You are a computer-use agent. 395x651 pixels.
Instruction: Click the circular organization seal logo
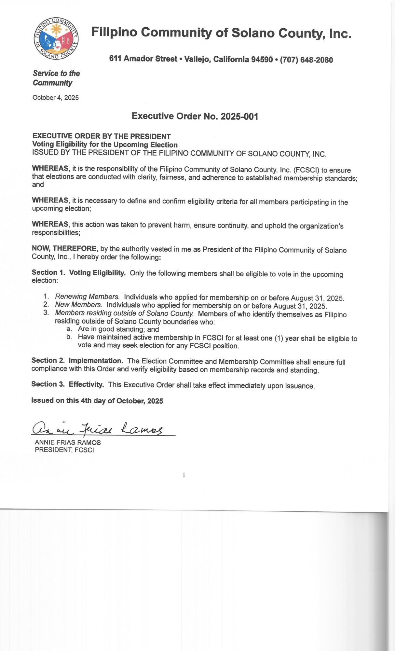tap(56, 39)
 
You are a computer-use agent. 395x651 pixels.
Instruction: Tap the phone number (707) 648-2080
tap(306, 60)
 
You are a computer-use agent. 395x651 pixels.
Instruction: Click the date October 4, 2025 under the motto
tap(56, 98)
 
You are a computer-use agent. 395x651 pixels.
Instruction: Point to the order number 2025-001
tap(239, 117)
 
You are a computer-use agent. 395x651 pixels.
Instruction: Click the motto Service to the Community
tap(56, 78)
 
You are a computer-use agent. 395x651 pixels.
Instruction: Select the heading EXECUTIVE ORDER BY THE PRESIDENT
tap(101, 136)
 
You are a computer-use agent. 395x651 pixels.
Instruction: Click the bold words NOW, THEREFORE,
tap(65, 248)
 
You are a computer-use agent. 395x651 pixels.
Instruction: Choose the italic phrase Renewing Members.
tap(87, 297)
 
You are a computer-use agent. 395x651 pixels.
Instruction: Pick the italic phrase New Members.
tap(78, 305)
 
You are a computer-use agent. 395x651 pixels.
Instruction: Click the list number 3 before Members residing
tap(46, 312)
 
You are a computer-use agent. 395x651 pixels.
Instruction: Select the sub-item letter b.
tap(69, 337)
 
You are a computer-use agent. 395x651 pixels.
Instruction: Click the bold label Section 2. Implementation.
tap(77, 361)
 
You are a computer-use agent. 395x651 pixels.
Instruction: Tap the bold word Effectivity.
tap(86, 384)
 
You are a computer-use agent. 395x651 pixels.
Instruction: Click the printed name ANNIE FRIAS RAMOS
tap(68, 442)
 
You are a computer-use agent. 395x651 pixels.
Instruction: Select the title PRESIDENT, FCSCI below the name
tap(64, 450)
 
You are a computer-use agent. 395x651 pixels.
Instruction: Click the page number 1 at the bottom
tap(184, 475)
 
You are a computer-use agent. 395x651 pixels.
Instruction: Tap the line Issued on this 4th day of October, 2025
tap(97, 401)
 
